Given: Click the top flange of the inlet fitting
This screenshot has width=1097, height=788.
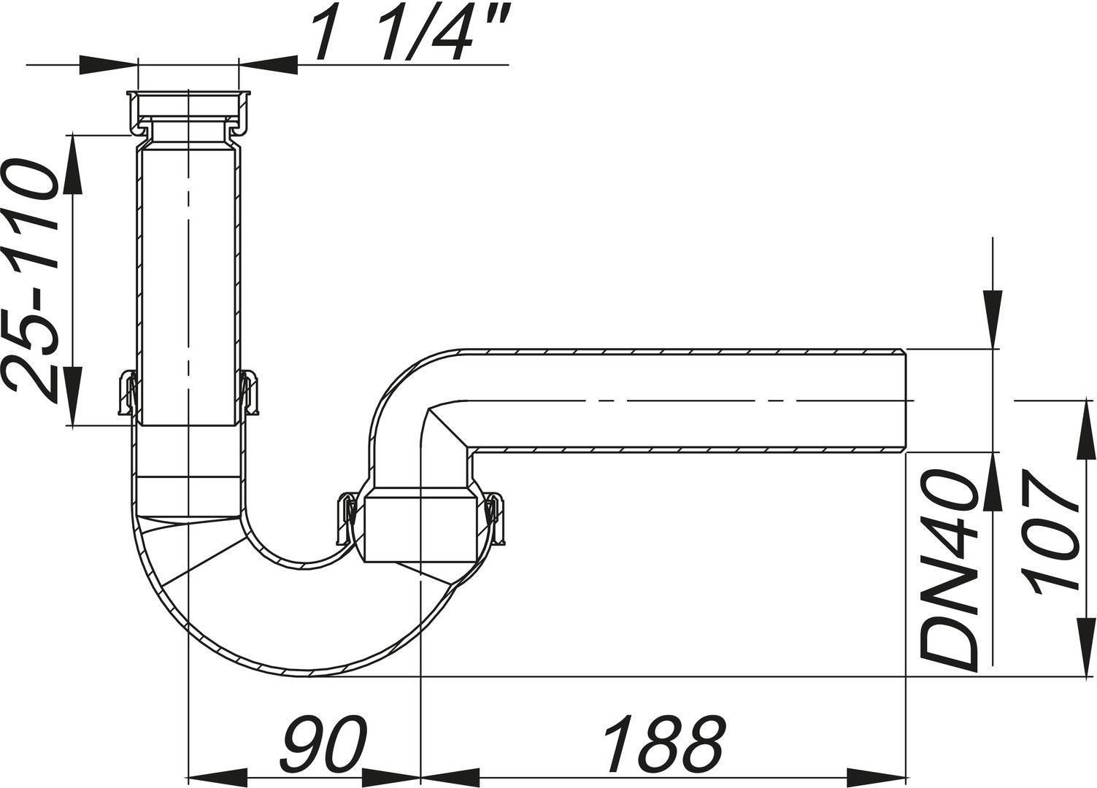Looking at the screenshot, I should [188, 95].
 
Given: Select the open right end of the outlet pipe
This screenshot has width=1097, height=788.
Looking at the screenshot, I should [904, 401].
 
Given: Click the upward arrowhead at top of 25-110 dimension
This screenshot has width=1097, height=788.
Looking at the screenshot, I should [72, 165].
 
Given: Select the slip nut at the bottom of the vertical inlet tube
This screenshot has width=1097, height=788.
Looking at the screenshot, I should [188, 394].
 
